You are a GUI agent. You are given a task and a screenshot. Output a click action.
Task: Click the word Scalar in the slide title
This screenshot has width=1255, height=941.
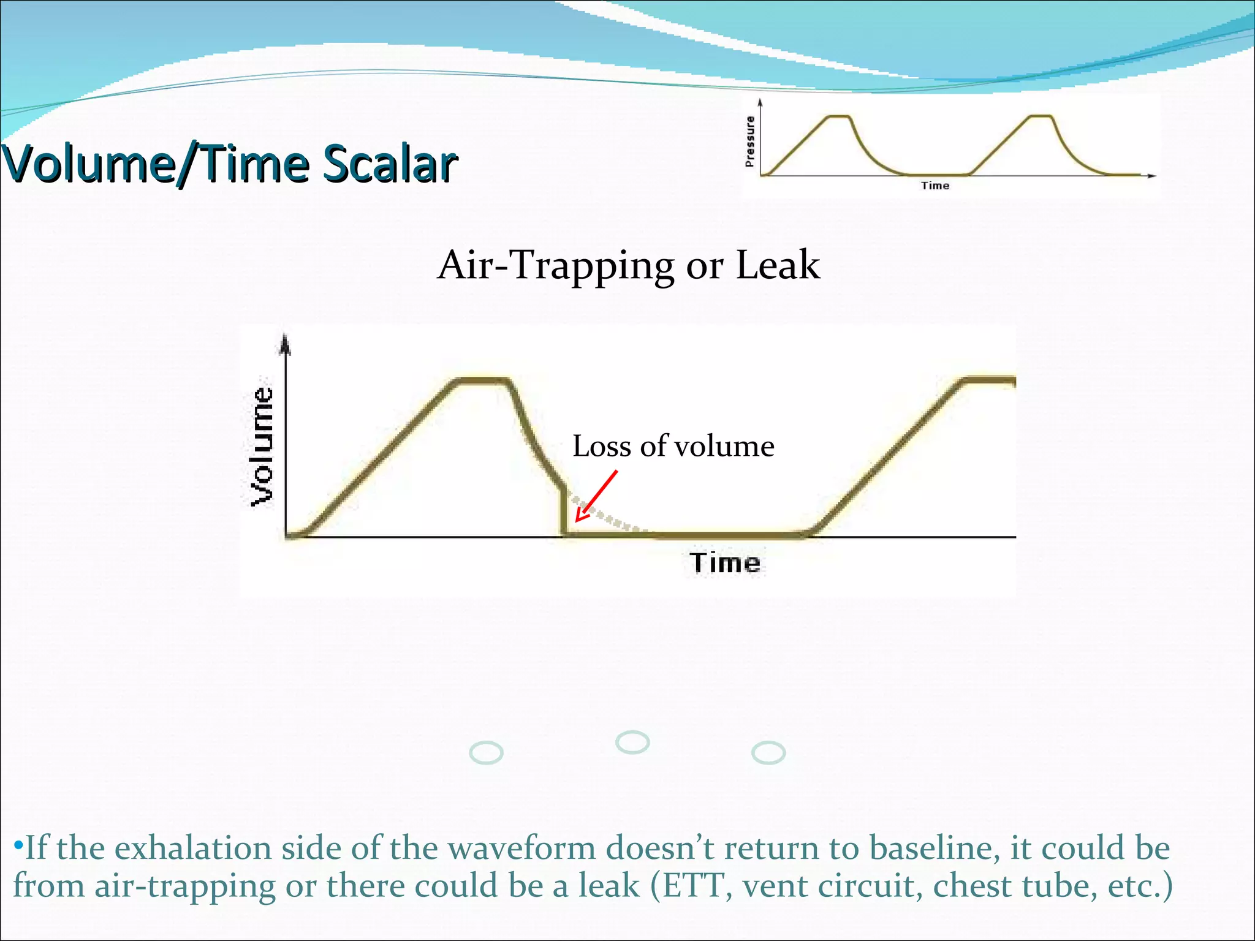390,164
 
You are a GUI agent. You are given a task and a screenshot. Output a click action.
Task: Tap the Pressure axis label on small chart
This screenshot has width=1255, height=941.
749,142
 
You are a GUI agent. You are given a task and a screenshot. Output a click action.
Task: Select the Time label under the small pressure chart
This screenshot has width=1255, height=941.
935,186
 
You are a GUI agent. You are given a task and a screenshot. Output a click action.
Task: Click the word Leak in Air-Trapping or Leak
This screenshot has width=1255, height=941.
777,265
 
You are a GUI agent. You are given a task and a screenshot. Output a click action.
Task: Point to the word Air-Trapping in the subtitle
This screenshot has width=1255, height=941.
555,265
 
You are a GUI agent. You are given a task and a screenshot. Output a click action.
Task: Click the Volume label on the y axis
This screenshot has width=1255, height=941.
263,447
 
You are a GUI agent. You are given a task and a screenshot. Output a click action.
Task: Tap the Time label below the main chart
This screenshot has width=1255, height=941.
724,563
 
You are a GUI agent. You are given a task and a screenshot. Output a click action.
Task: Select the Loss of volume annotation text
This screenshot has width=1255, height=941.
673,446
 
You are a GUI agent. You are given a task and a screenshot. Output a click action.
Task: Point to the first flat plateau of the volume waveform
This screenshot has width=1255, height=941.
483,381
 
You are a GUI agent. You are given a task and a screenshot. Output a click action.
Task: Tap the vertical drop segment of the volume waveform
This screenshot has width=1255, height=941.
563,512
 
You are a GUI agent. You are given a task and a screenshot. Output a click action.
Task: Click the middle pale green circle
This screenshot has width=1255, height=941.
632,742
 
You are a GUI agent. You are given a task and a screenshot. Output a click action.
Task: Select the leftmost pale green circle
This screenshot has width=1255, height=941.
486,752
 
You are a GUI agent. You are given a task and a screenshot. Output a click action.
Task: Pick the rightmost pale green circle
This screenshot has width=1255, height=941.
768,753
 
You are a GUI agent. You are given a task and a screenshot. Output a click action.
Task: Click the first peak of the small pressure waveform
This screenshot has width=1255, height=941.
838,116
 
